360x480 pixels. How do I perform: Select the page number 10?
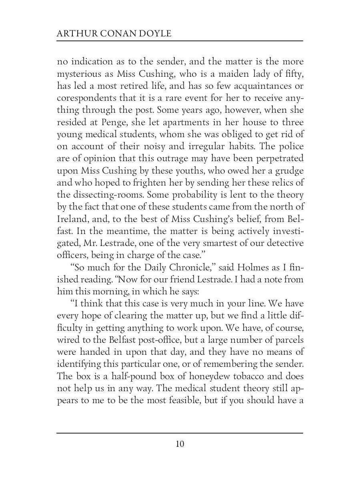pyautogui.click(x=180, y=444)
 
